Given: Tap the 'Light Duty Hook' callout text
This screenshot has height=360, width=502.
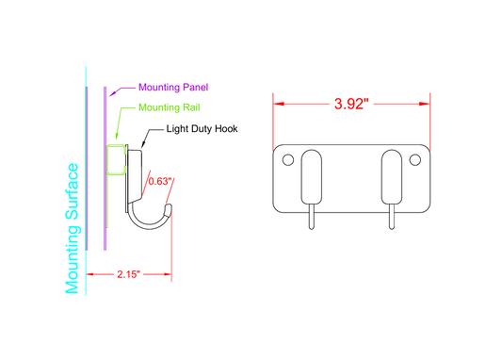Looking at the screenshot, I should pos(202,130).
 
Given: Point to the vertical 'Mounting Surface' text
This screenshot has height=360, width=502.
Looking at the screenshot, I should pos(73,227).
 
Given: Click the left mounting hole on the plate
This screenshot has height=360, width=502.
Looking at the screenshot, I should pos(288,160).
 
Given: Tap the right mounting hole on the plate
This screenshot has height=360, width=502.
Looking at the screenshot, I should pos(415,160).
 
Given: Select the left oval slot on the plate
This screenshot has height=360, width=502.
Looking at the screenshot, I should pos(312,176).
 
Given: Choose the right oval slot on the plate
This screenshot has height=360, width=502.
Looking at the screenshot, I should pos(392,176).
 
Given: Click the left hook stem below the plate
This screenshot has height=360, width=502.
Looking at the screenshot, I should pos(312,218).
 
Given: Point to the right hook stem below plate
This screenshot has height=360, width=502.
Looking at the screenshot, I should pos(392,218).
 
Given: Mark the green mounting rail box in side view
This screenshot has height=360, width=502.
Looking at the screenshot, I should pos(117,159).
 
